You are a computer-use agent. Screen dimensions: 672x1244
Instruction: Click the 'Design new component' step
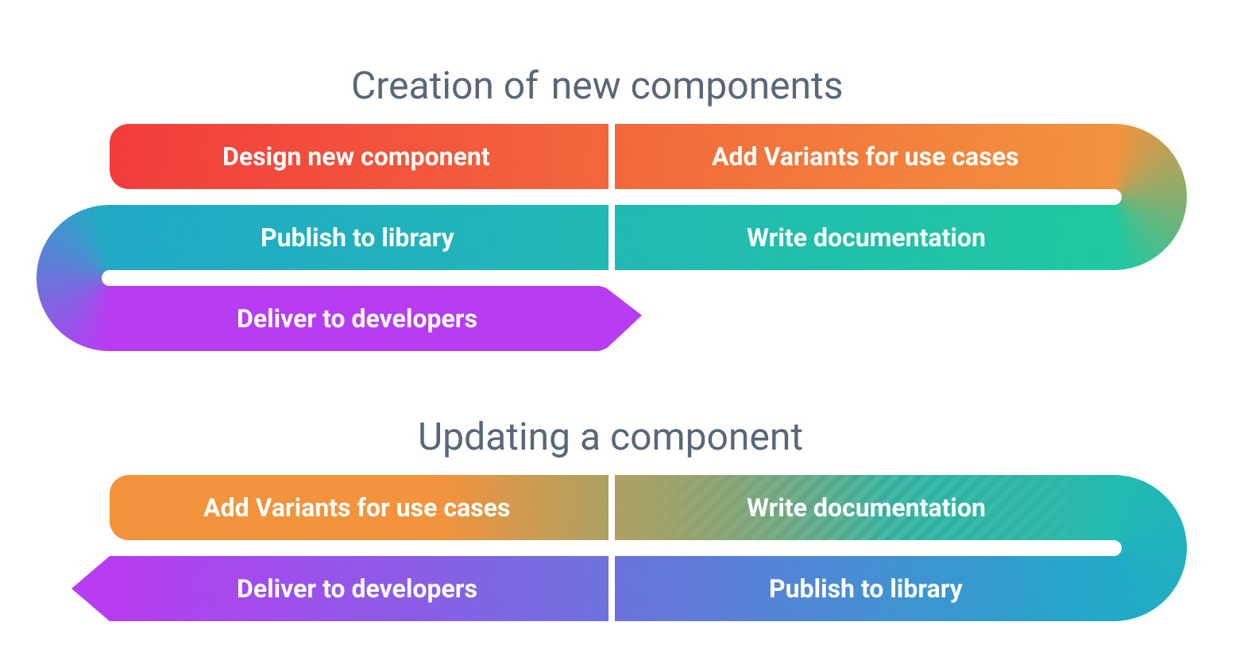click(356, 156)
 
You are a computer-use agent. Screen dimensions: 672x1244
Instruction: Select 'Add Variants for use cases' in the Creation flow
click(864, 156)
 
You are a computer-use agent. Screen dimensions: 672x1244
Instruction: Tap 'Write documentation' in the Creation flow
click(866, 238)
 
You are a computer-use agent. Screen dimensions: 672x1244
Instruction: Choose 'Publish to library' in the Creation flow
click(357, 238)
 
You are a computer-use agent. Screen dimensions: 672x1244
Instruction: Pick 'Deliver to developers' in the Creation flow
click(357, 319)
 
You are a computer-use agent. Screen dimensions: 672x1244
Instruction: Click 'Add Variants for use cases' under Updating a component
click(357, 508)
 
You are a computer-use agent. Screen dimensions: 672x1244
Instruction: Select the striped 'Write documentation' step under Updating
click(866, 508)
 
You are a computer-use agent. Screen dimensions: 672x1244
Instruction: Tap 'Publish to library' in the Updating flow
click(865, 589)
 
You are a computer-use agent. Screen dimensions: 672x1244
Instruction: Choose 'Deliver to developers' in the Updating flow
click(357, 589)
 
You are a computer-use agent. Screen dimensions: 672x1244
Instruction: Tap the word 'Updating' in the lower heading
click(493, 437)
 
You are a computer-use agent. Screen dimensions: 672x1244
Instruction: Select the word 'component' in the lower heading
click(706, 437)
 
